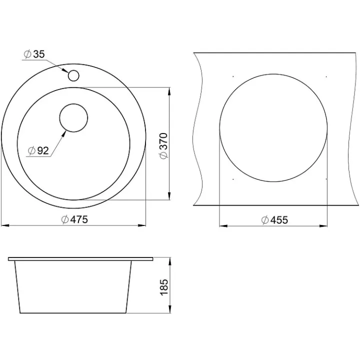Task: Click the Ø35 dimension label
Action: click(x=34, y=54)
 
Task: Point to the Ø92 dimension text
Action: click(x=38, y=150)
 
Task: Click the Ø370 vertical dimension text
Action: click(x=164, y=145)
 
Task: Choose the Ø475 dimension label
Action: click(x=74, y=219)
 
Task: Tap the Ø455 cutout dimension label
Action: click(x=274, y=220)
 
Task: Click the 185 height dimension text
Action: click(x=164, y=287)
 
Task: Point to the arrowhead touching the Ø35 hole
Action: click(x=65, y=69)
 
